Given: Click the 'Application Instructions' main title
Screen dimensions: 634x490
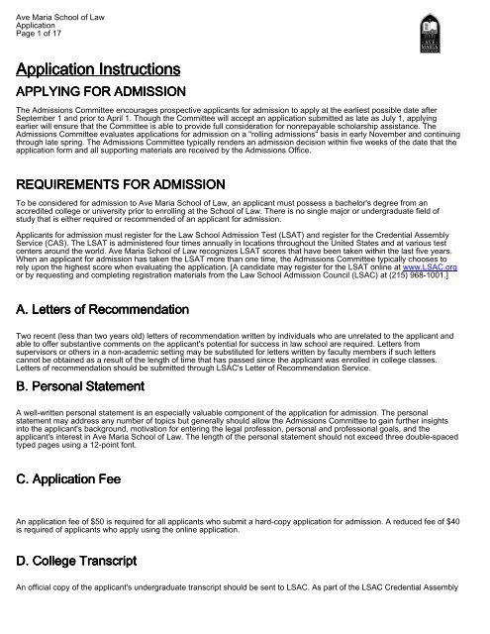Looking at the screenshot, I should click(x=97, y=70).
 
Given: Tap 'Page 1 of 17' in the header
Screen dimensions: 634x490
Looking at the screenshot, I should click(x=39, y=26).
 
